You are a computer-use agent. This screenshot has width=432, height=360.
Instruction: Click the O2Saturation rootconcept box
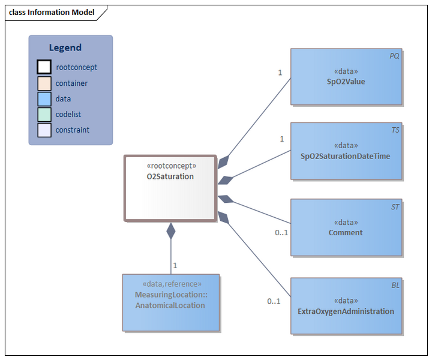(x=170, y=188)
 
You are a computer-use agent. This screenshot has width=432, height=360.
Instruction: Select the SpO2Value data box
(x=346, y=77)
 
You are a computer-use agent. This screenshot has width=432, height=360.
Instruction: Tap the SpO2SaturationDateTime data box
(x=346, y=151)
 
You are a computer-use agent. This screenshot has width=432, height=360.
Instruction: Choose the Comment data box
(x=346, y=227)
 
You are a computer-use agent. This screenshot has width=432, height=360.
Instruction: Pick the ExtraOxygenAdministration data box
(x=346, y=306)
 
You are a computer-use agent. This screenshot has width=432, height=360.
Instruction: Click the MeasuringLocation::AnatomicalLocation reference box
(x=171, y=302)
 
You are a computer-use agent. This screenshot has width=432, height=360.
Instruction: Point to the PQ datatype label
(x=394, y=56)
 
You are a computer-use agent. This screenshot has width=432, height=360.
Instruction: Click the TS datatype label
(x=395, y=130)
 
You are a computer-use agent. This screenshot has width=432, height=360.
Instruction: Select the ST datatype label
(x=395, y=206)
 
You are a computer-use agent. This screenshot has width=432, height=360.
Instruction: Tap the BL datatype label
(x=395, y=285)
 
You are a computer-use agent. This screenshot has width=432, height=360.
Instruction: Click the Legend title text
(x=65, y=47)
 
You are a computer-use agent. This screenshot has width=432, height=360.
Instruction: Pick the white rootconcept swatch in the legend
(x=44, y=67)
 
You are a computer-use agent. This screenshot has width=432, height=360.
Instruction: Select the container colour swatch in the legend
(x=44, y=83)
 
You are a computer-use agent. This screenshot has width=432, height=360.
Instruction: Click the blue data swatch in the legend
(x=44, y=99)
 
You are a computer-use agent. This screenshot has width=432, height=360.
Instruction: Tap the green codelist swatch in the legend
(x=44, y=115)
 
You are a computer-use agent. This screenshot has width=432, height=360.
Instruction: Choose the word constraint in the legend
(x=73, y=130)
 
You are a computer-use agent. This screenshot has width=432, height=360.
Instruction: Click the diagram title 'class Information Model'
(x=52, y=12)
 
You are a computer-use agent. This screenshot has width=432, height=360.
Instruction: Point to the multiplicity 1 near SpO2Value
(x=280, y=73)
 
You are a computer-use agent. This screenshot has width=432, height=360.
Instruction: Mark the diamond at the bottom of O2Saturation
(x=171, y=230)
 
